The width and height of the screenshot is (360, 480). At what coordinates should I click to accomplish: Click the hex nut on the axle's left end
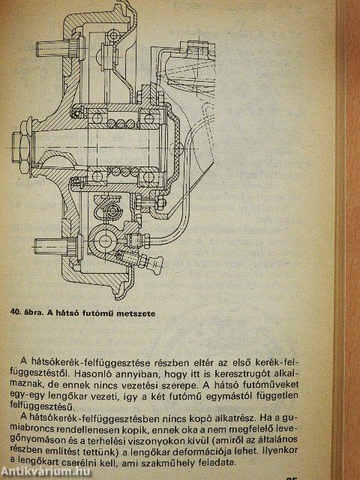21,148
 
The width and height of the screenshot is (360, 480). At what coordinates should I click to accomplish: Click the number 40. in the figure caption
16,313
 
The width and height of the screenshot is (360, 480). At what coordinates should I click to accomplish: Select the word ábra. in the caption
34,313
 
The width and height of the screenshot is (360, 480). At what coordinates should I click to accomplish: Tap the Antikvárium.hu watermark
45,472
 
